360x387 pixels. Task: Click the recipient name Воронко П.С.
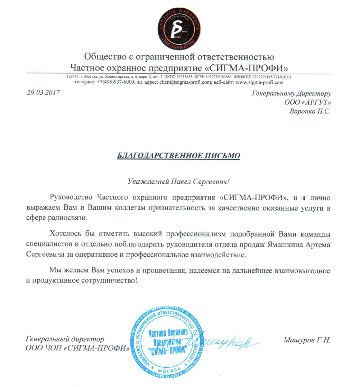coord(310,112)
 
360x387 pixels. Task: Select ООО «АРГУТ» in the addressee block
coord(308,103)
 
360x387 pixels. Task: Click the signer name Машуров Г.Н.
coord(307,340)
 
